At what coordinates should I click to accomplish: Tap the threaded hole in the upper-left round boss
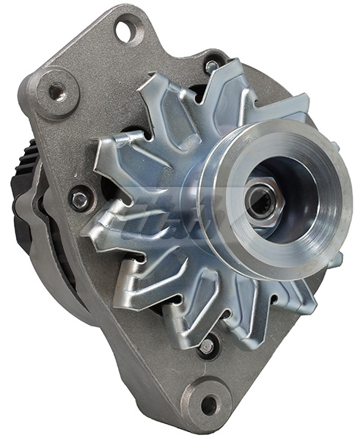[56, 91]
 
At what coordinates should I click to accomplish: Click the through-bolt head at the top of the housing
[212, 66]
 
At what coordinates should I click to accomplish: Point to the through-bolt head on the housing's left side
[80, 198]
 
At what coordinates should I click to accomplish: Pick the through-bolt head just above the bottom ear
[207, 345]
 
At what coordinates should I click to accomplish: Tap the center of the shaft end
[261, 201]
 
